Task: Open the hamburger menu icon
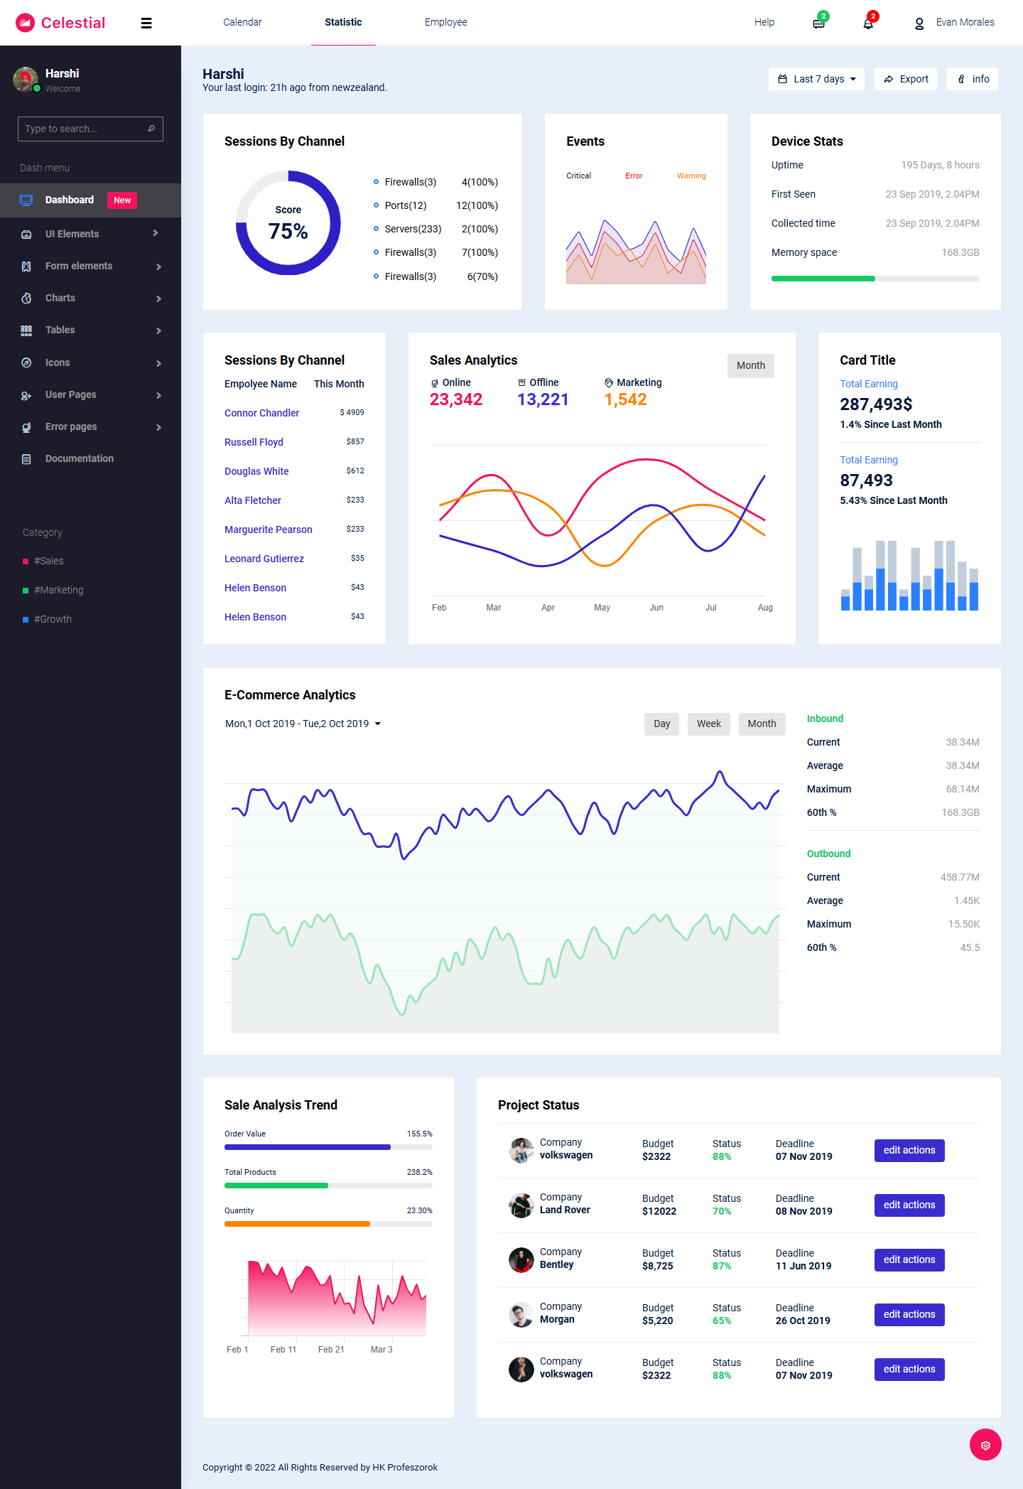tap(146, 23)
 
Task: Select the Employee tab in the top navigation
tap(445, 22)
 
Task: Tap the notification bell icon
tap(868, 23)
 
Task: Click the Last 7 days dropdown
tap(816, 79)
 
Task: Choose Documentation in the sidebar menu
tap(79, 458)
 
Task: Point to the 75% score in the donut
tap(288, 231)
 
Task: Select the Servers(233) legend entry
tap(412, 229)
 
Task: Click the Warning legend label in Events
tap(691, 176)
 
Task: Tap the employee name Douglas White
tap(256, 471)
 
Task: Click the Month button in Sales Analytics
tap(750, 365)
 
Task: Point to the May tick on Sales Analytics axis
tap(602, 608)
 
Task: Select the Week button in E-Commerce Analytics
tap(708, 724)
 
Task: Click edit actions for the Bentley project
tap(909, 1259)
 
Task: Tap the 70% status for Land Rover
tap(722, 1211)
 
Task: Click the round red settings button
tap(985, 1445)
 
